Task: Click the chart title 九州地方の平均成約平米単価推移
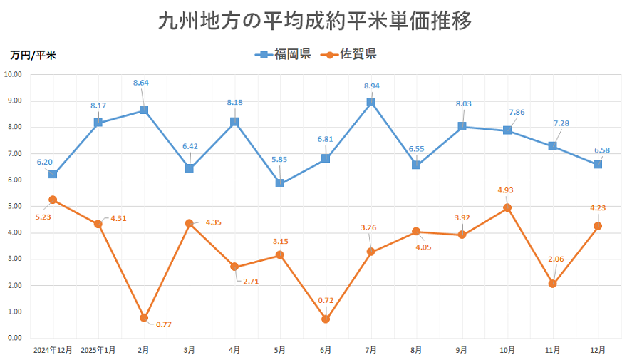(x=313, y=21)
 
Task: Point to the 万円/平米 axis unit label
(x=33, y=55)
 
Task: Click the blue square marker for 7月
(x=371, y=102)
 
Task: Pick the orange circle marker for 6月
(x=326, y=319)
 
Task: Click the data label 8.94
(x=371, y=86)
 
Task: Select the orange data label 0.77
(x=163, y=324)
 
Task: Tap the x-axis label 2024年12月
(x=53, y=350)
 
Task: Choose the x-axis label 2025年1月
(x=98, y=350)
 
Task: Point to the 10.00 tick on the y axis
(x=14, y=74)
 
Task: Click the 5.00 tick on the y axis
(x=14, y=206)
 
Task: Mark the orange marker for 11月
(x=552, y=284)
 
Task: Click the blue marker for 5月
(x=280, y=183)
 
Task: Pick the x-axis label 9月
(x=462, y=350)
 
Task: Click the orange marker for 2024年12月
(x=53, y=200)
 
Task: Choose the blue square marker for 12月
(x=598, y=164)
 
